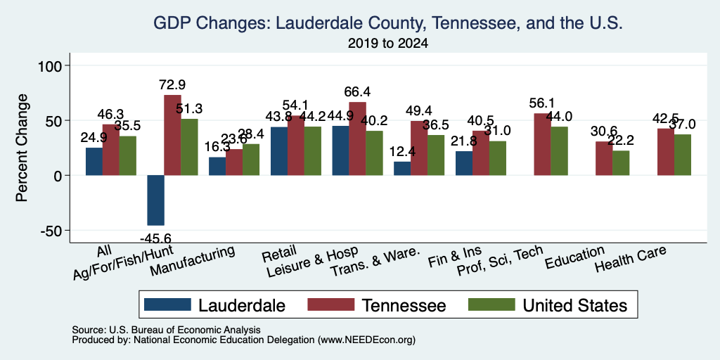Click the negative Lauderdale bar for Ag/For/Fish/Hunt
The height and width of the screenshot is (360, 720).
tap(155, 200)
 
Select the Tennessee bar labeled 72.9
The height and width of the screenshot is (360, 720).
tap(173, 135)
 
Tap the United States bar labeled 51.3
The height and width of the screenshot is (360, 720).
tap(189, 147)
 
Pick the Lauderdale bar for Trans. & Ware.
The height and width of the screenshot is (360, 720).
tap(402, 169)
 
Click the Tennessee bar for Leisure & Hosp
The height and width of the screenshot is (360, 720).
tap(357, 139)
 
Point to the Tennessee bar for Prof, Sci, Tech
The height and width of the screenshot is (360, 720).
tap(543, 144)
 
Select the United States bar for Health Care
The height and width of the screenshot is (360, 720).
tap(682, 155)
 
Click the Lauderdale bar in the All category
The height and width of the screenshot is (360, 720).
tap(94, 162)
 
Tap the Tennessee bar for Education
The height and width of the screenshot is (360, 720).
tap(604, 158)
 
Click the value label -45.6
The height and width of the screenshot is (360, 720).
tap(155, 238)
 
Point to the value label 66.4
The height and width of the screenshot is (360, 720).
tap(357, 92)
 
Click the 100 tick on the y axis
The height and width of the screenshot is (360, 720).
tap(52, 65)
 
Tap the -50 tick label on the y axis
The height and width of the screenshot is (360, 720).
tap(52, 231)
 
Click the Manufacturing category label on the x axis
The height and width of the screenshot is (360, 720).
tap(193, 260)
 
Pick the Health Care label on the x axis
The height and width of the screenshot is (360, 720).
tap(631, 258)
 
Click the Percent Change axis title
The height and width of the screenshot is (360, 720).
tap(22, 148)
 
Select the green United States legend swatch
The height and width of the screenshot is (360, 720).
tap(491, 304)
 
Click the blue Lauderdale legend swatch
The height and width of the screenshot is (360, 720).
tap(167, 304)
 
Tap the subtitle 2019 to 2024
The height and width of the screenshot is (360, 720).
tap(388, 44)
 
